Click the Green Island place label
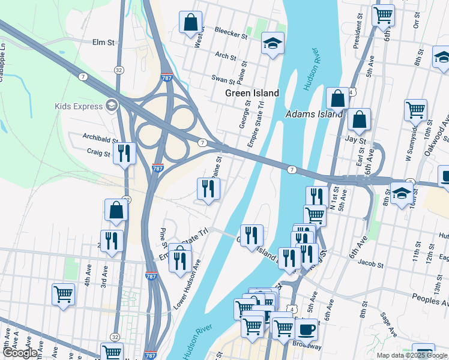[x=252, y=93]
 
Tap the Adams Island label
[x=314, y=114]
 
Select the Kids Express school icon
[x=111, y=106]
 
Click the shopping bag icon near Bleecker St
[x=190, y=23]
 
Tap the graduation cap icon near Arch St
[x=273, y=43]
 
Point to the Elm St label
[x=103, y=43]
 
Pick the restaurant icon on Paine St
[x=208, y=188]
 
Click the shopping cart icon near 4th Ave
[x=63, y=294]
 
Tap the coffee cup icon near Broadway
[x=307, y=329]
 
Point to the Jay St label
[x=355, y=140]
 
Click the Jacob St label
[x=370, y=263]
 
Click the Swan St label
[x=223, y=78]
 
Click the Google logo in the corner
[x=20, y=353]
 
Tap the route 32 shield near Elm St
[x=119, y=70]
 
